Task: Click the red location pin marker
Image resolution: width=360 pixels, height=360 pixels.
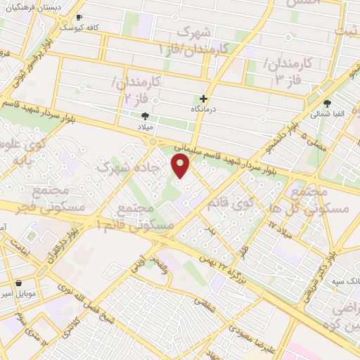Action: [181, 165]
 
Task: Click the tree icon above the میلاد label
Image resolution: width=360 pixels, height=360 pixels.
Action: [145, 115]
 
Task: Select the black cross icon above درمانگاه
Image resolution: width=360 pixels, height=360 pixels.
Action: [204, 98]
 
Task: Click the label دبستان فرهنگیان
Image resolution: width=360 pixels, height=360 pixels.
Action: [32, 6]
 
